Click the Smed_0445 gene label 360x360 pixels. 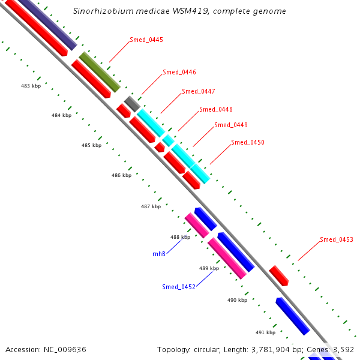[x=146, y=40]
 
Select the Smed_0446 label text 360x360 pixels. [x=179, y=72]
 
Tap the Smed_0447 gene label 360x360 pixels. [x=199, y=91]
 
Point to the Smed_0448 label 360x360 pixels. [x=216, y=109]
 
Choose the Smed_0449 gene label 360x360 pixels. [x=231, y=125]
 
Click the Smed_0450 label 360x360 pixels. [x=248, y=143]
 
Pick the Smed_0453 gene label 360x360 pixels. [x=336, y=239]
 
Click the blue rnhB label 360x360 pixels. [x=159, y=254]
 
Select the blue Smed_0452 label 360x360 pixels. [x=179, y=287]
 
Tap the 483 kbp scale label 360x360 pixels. [x=31, y=86]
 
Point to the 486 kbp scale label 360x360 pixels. [x=121, y=176]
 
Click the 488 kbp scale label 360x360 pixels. [x=180, y=237]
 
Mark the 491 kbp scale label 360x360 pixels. [x=265, y=332]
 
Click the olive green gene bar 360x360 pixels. [x=100, y=72]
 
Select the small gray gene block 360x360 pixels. [x=132, y=103]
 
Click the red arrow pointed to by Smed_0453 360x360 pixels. [x=279, y=275]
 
